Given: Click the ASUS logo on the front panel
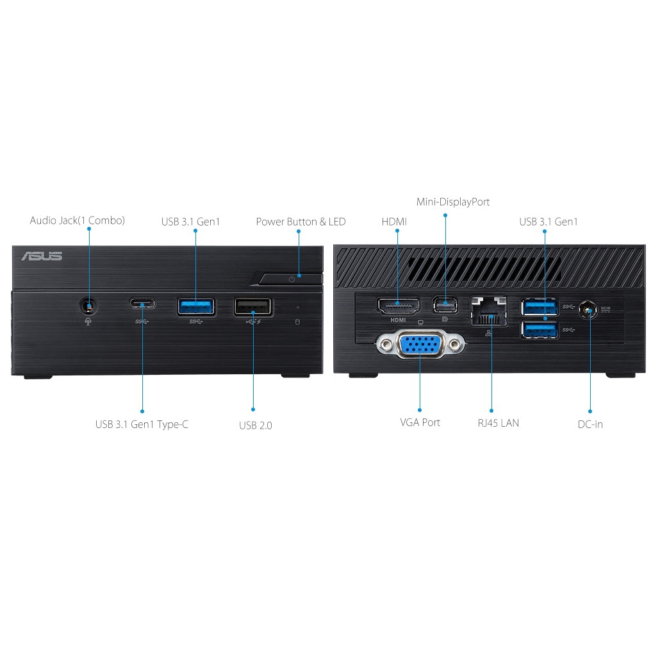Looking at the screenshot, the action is pos(42,256).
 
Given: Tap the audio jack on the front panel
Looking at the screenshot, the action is pos(88,306).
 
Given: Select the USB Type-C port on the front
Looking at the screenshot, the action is pos(142,304).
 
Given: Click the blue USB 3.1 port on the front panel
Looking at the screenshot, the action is pos(195,306).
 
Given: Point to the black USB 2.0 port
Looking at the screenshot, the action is pos(253,307).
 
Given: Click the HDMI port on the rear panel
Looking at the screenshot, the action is pos(398,306).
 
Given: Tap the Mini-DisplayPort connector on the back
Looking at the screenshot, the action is pos(445,305).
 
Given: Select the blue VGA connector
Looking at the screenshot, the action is pos(420,345).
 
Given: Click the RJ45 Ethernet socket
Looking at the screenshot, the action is pos(489,311).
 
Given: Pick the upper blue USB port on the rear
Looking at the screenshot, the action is pos(540,307).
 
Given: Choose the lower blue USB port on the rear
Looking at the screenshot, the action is pos(540,329).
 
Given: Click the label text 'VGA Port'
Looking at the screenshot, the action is pos(420,423).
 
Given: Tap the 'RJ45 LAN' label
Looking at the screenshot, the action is pos(499,423).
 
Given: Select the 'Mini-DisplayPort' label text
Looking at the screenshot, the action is pos(453,202).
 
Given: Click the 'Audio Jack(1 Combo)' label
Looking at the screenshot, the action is pos(78,220).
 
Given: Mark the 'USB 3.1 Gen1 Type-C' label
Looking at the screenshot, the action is pos(142,424).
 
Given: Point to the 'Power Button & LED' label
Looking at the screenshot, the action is pos(301,222).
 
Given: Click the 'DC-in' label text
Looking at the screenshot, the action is pos(590,424).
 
